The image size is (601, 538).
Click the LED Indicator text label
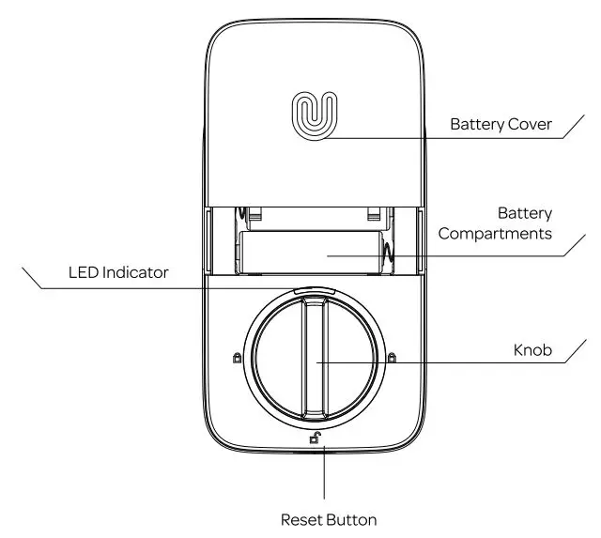tap(118, 273)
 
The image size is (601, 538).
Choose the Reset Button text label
tap(329, 518)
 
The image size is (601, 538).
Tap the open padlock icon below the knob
tap(316, 436)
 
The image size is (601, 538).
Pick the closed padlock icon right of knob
tap(392, 357)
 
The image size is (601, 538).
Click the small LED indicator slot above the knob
tap(314, 290)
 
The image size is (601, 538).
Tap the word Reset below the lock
tap(302, 518)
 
